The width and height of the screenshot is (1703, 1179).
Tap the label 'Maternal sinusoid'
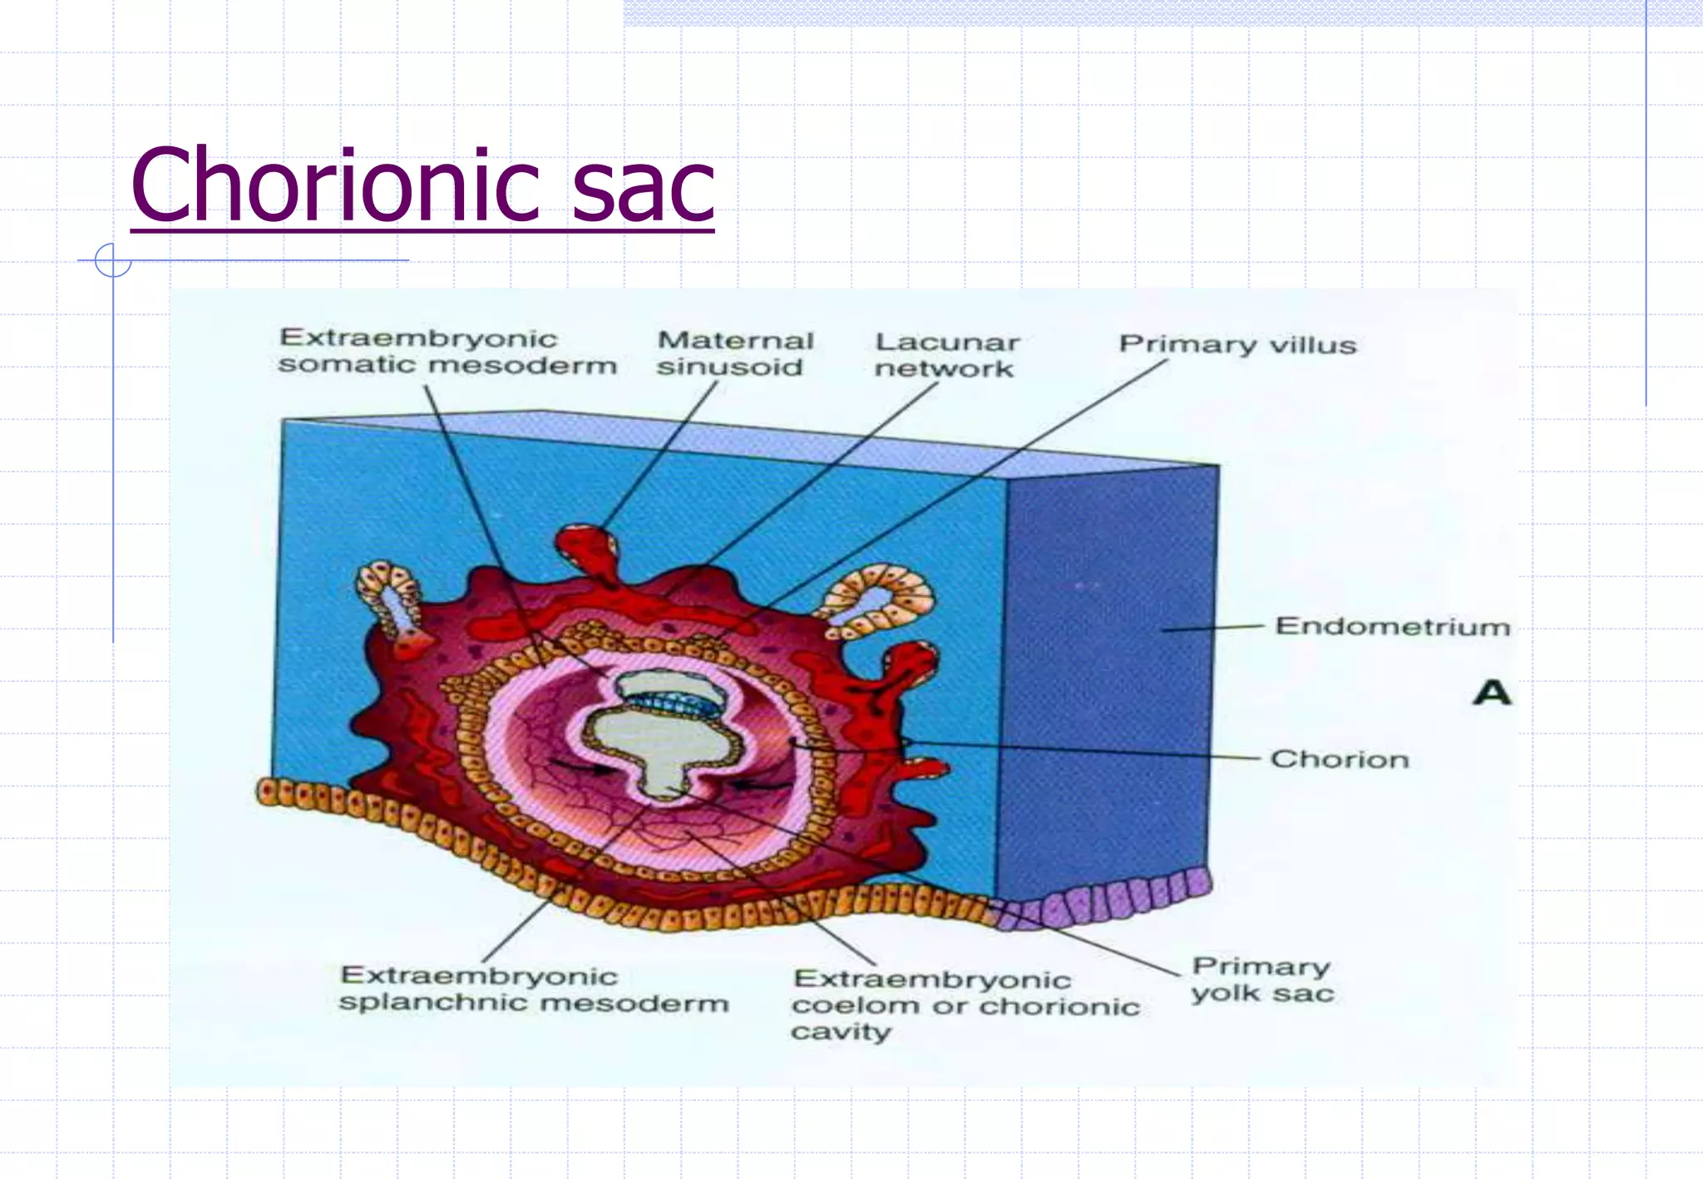click(x=734, y=353)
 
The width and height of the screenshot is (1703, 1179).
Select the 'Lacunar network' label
click(x=946, y=355)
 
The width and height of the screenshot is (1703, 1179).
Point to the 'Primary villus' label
click(x=1237, y=344)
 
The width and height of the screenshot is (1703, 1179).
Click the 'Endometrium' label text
click(x=1392, y=626)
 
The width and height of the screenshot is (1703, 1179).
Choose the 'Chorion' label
click(x=1339, y=759)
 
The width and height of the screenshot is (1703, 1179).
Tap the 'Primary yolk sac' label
click(x=1261, y=979)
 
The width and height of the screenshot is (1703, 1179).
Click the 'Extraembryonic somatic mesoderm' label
click(x=447, y=352)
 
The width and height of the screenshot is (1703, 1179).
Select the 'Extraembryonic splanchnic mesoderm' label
click(x=533, y=989)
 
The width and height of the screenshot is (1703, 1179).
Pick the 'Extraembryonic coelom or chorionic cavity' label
click(x=965, y=1005)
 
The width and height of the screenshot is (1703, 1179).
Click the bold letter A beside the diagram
click(x=1491, y=693)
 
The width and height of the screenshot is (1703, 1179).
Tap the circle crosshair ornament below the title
click(x=113, y=260)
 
